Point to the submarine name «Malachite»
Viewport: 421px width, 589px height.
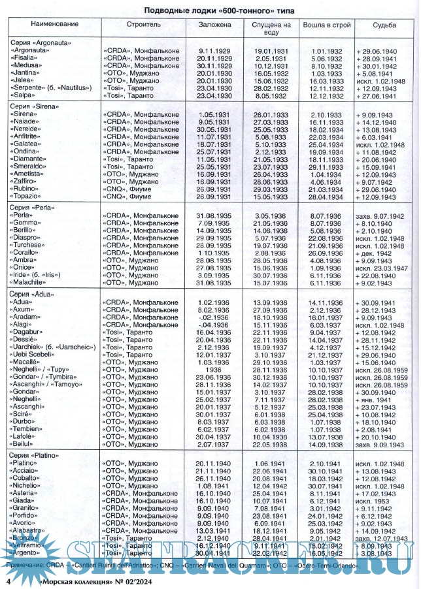click(x=34, y=283)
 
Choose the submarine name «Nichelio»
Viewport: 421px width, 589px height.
click(x=31, y=486)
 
